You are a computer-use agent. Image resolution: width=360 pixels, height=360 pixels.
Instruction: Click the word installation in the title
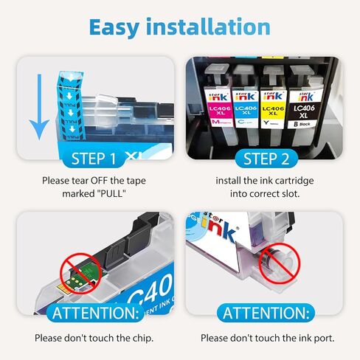214,27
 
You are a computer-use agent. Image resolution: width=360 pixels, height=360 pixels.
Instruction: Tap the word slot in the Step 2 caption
292,195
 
